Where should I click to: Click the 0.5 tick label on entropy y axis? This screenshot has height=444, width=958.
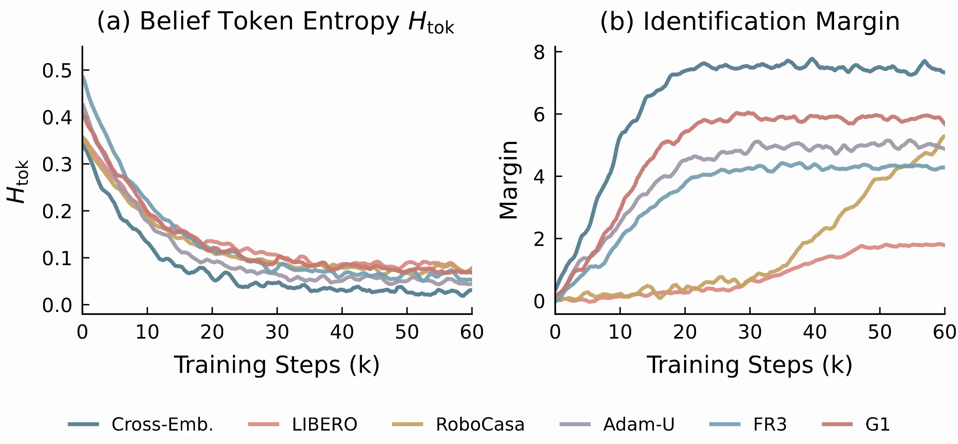(x=57, y=71)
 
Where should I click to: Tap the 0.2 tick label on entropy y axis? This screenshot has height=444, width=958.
(x=57, y=211)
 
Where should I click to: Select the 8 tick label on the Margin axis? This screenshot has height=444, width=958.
(x=539, y=53)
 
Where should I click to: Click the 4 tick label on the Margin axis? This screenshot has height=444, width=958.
(x=539, y=177)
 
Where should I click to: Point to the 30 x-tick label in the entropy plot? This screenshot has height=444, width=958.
(x=277, y=332)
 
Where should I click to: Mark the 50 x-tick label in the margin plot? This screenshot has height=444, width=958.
(x=879, y=332)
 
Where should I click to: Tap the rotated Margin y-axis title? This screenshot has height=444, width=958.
(x=508, y=180)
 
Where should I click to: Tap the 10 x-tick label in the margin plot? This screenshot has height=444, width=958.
(x=620, y=332)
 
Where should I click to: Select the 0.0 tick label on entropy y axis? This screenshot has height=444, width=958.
(x=57, y=305)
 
